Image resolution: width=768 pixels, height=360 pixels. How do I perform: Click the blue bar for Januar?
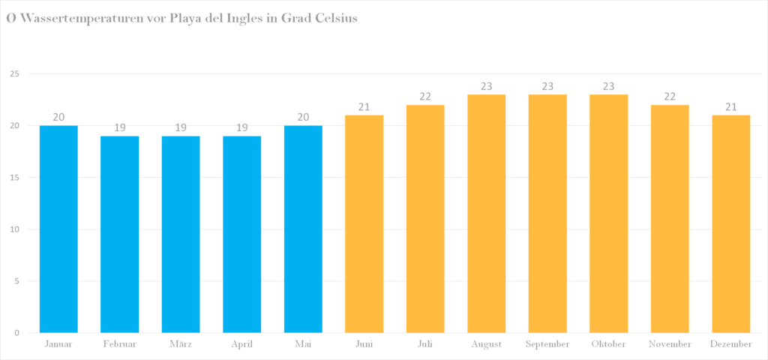click(58, 229)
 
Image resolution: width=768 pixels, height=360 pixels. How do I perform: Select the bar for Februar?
click(119, 235)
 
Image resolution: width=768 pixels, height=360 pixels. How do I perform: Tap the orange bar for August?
click(486, 214)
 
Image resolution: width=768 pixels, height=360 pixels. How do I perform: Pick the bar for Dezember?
click(730, 223)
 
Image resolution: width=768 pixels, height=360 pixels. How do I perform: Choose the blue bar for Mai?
click(303, 229)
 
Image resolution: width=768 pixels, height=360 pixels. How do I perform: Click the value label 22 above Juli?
click(425, 97)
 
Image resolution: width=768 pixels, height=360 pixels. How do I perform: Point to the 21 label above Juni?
click(364, 106)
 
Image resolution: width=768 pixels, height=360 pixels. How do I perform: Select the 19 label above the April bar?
click(242, 127)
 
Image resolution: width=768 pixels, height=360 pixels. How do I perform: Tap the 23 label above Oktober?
click(609, 86)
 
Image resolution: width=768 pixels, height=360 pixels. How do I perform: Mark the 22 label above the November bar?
click(670, 97)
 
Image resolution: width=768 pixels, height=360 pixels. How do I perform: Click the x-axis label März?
click(181, 344)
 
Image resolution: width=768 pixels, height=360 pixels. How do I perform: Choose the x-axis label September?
click(547, 344)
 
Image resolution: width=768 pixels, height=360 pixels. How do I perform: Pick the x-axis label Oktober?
click(609, 344)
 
